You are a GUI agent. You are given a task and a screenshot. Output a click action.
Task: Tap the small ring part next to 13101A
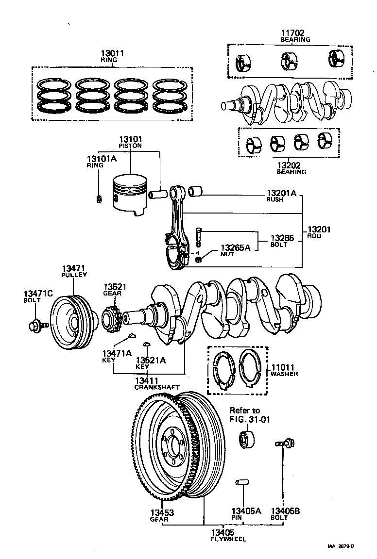pos(99,197)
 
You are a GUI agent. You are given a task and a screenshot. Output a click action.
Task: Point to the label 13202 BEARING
pos(291,168)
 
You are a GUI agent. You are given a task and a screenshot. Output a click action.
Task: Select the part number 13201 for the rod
pos(318,229)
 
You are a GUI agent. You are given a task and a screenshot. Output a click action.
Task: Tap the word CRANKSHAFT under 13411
pos(157,387)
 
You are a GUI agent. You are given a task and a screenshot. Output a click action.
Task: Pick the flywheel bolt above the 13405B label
pos(283,443)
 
